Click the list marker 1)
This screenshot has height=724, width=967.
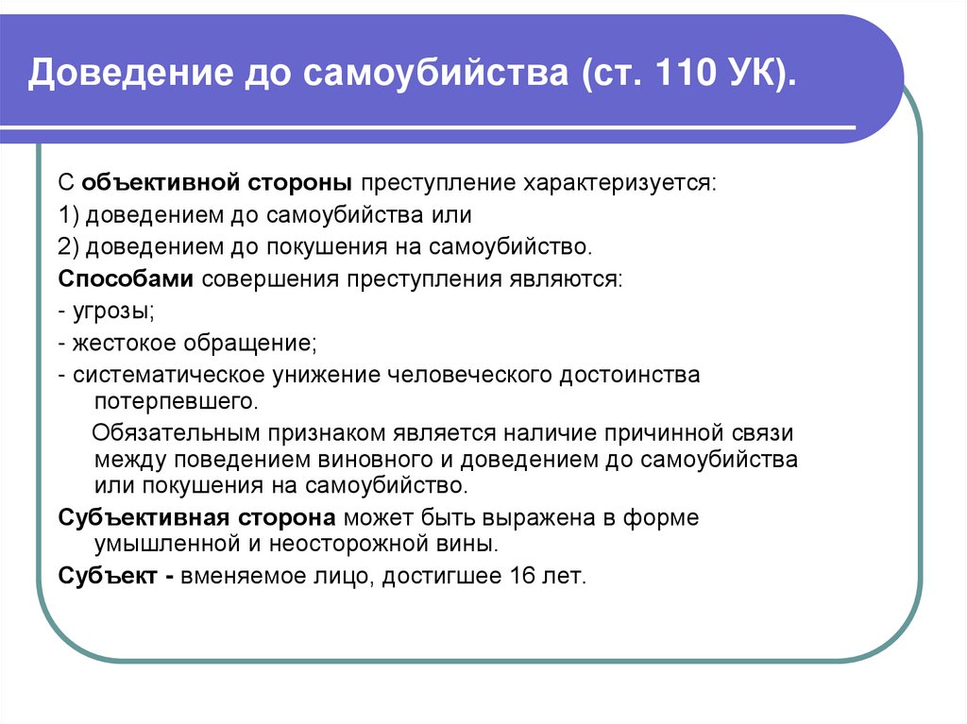coord(69,214)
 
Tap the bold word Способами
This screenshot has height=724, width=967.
coord(126,279)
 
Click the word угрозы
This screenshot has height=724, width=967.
coord(112,312)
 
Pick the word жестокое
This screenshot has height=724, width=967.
coord(122,344)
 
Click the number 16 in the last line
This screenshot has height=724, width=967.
coord(521,576)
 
